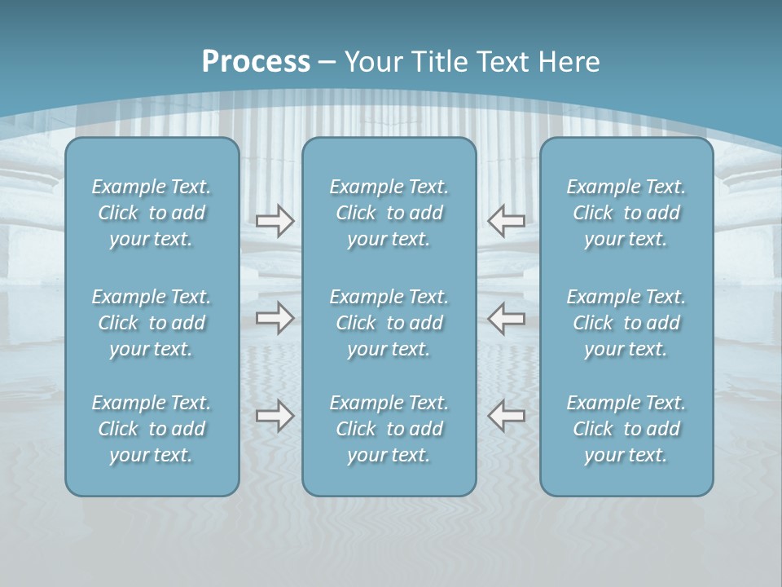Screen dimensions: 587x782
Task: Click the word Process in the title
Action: pyautogui.click(x=256, y=62)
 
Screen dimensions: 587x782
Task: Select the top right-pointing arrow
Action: pyautogui.click(x=275, y=221)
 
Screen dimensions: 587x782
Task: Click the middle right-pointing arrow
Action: pyautogui.click(x=275, y=318)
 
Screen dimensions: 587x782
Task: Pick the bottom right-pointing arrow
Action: pyautogui.click(x=275, y=416)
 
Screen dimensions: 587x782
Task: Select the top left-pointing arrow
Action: pyautogui.click(x=507, y=221)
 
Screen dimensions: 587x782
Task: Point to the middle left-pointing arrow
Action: pyautogui.click(x=507, y=318)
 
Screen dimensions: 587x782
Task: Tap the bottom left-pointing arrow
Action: pyautogui.click(x=507, y=416)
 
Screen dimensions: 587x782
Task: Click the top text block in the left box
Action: pyautogui.click(x=152, y=213)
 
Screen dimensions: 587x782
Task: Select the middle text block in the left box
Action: pyautogui.click(x=152, y=323)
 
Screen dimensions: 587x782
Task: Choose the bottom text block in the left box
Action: pyautogui.click(x=152, y=429)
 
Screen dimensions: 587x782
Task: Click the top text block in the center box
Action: pyautogui.click(x=389, y=213)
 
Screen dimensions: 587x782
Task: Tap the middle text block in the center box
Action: pyautogui.click(x=389, y=323)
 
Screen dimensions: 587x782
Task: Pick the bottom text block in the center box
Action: pyautogui.click(x=389, y=429)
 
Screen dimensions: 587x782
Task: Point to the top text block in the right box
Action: pyautogui.click(x=626, y=213)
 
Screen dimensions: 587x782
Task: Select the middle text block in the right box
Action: pyautogui.click(x=626, y=323)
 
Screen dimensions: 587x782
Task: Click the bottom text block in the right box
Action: pyautogui.click(x=626, y=429)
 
